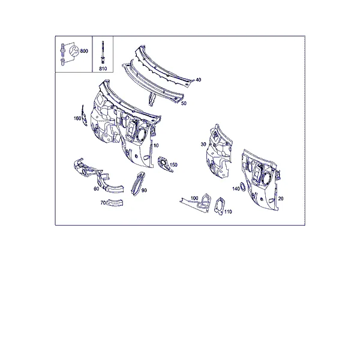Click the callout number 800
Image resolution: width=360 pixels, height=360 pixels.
tap(84, 51)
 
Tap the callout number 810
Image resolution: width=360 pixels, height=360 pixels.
tap(103, 68)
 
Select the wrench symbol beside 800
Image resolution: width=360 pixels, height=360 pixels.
tap(74, 51)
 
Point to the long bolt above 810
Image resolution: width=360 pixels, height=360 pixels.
tap(103, 52)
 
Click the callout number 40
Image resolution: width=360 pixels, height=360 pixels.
tap(198, 80)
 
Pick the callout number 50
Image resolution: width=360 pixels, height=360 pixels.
tap(184, 103)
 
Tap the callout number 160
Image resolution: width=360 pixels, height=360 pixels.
tap(77, 118)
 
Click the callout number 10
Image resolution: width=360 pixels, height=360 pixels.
tap(156, 146)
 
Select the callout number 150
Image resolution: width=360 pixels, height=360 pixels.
tap(173, 164)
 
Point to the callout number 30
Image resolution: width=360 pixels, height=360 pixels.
tap(203, 144)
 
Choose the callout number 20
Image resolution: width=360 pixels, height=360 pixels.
tap(281, 199)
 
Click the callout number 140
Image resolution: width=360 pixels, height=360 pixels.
tap(236, 189)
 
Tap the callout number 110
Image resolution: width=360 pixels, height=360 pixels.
tap(228, 211)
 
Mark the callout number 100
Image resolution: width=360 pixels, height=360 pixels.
tap(194, 198)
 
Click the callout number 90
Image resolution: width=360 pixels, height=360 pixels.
tap(144, 190)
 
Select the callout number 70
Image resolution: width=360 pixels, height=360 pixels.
tap(103, 203)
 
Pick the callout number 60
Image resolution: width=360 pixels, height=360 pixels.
tap(97, 188)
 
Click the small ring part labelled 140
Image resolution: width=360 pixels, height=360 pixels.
tap(242, 187)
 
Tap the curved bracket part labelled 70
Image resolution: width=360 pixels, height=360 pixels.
tap(116, 203)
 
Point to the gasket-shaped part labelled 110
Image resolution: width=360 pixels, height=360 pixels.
tap(219, 206)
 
